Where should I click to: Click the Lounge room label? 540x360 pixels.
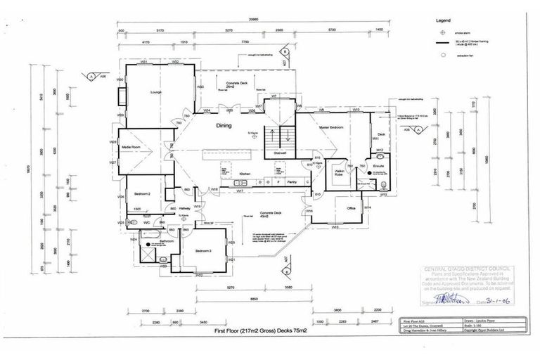pyautogui.click(x=156, y=92)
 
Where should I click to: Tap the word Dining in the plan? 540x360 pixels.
pyautogui.click(x=224, y=125)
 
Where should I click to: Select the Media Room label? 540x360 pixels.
pyautogui.click(x=132, y=147)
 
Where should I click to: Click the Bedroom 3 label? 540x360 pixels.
pyautogui.click(x=203, y=250)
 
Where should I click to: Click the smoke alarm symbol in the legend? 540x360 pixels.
pyautogui.click(x=442, y=32)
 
